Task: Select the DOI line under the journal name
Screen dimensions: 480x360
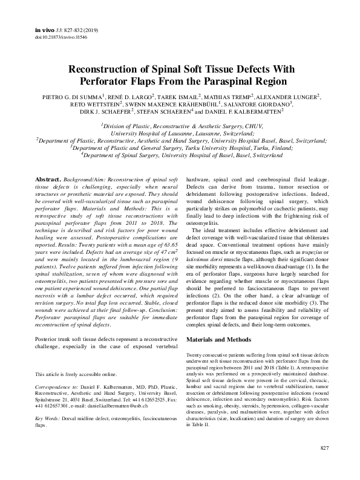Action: [x=54, y=37]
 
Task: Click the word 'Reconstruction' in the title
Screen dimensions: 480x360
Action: [x=110, y=70]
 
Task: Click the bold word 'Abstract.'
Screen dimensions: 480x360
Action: [x=47, y=181]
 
